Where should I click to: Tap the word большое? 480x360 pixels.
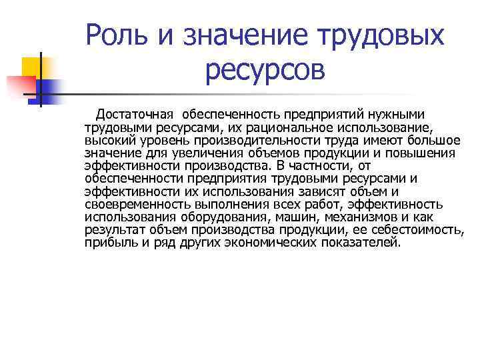point(431,140)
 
